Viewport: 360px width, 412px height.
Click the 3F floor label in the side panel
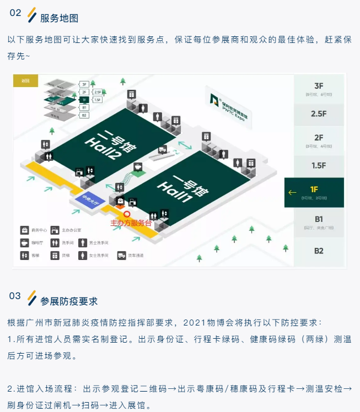click(x=319, y=86)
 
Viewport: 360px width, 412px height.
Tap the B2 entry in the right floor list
click(x=319, y=251)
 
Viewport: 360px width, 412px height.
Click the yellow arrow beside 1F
click(x=292, y=192)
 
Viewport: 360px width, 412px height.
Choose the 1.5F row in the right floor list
click(x=319, y=165)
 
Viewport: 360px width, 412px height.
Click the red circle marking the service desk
click(x=127, y=214)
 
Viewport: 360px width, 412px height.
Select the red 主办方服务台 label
click(x=131, y=224)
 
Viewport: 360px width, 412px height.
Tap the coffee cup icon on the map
click(x=137, y=166)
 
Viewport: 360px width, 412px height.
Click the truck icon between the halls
click(x=163, y=149)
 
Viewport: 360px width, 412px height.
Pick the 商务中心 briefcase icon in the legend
click(x=25, y=230)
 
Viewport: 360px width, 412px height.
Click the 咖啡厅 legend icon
click(x=25, y=243)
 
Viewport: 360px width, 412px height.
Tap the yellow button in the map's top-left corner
click(x=25, y=80)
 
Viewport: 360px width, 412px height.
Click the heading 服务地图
click(x=60, y=18)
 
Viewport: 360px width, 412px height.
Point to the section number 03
click(x=15, y=296)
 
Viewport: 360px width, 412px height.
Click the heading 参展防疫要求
click(x=69, y=301)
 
